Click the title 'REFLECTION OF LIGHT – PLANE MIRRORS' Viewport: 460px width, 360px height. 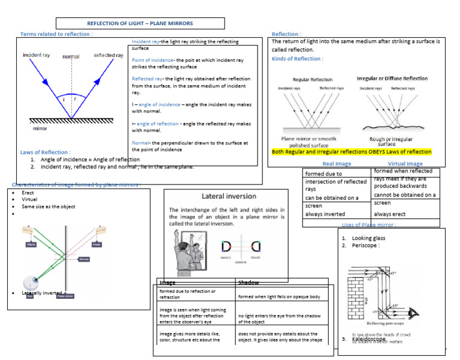[140, 23]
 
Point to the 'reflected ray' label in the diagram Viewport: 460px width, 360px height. [108, 55]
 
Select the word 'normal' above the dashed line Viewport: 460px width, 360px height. [71, 57]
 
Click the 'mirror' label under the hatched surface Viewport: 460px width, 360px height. [40, 128]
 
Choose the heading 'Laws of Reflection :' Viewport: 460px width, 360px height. [45, 152]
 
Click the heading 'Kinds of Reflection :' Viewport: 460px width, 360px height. [297, 59]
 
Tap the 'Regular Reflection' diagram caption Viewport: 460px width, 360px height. [313, 79]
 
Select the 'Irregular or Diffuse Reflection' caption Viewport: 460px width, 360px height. [392, 78]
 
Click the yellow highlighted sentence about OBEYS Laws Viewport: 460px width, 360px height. [352, 152]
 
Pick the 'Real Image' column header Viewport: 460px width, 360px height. [337, 164]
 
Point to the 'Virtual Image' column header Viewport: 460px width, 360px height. [405, 164]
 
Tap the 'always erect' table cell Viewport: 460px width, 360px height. [391, 214]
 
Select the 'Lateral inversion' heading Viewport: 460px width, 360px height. [229, 196]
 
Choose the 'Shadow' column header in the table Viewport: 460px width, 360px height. [249, 282]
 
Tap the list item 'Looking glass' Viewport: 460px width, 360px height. [368, 238]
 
